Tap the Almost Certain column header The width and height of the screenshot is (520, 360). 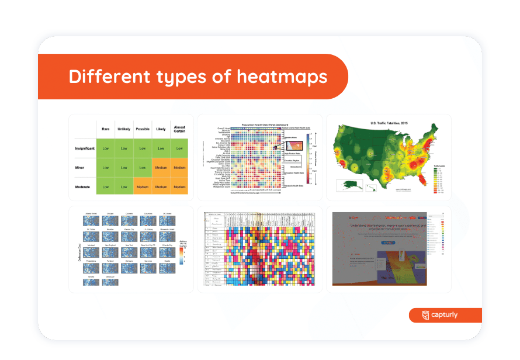[179, 130]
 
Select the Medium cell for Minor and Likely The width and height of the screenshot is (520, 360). [161, 167]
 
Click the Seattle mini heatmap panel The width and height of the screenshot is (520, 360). [167, 268]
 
